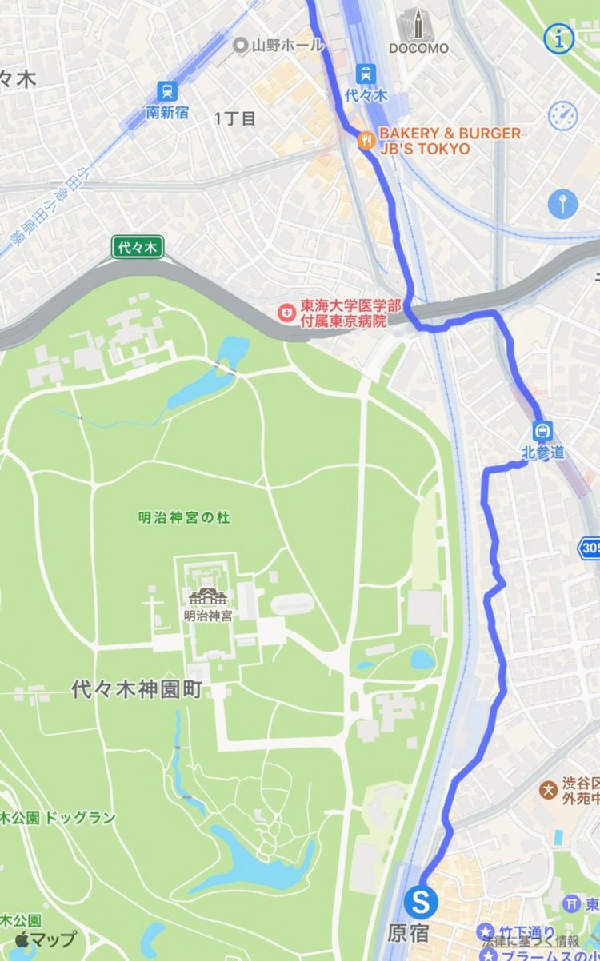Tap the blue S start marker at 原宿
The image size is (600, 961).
point(421,903)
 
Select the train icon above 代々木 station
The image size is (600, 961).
point(366,74)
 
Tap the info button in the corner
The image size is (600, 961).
point(560,38)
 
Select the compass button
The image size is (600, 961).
point(562,115)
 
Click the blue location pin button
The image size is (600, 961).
point(562,204)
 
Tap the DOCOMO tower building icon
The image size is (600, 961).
point(418,25)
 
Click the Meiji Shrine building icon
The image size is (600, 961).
point(207,597)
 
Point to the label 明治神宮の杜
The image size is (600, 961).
point(183,518)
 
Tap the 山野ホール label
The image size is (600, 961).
point(277,45)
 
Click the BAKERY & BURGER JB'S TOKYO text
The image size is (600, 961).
point(450,141)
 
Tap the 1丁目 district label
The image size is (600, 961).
point(235,119)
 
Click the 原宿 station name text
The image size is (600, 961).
point(408,933)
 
